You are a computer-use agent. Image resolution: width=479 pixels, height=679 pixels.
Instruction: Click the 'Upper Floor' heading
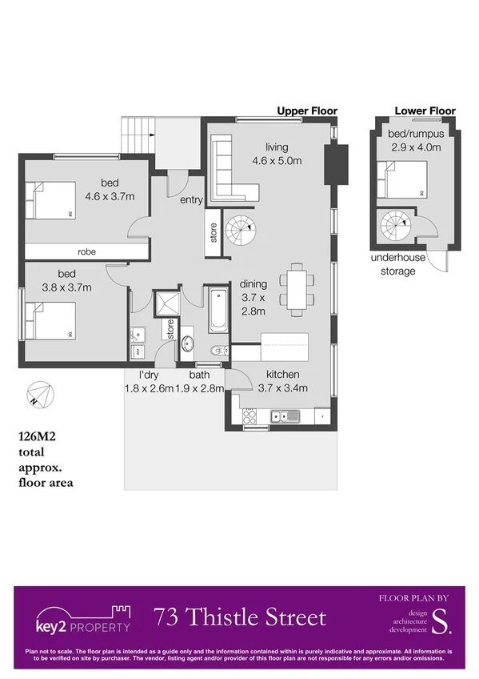pos(306,110)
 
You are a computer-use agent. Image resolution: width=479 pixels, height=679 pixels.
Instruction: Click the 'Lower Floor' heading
pos(425,110)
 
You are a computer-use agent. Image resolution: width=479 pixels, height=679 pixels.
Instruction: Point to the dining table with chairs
pos(297,287)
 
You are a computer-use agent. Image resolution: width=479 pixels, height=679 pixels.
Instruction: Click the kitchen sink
pos(284,415)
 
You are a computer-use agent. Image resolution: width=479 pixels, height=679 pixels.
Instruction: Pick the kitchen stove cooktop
pos(249,415)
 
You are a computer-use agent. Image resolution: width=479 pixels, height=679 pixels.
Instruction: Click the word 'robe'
pos(87,250)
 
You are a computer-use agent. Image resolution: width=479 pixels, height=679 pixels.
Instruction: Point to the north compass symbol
pos(38,395)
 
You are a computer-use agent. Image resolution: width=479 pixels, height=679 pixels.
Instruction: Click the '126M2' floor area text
pos(40,437)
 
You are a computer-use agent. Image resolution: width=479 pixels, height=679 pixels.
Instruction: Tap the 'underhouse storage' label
pos(393,265)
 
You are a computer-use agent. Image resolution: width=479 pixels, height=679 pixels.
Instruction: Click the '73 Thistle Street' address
pos(240,617)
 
